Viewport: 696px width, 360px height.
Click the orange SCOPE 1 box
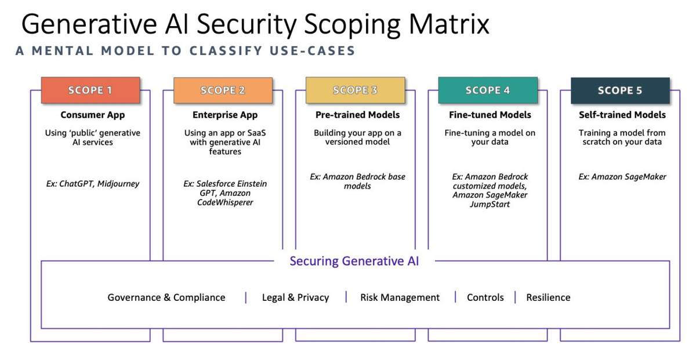90,90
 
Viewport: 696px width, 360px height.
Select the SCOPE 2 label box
223,90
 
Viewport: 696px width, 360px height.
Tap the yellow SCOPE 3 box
355,90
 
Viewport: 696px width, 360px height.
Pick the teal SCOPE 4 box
487,90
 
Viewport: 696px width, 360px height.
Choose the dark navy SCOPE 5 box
620,90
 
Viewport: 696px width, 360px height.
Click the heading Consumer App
93,115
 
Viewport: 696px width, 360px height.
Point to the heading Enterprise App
225,115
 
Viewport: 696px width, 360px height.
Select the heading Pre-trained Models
357,115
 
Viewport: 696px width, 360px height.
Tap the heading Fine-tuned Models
490,115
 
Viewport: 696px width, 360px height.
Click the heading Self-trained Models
622,115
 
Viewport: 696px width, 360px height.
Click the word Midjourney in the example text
118,184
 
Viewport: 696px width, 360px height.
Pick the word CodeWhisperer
225,202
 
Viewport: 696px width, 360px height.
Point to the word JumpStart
490,204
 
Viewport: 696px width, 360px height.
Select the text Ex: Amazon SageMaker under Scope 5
622,177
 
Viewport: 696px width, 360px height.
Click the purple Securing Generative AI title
354,261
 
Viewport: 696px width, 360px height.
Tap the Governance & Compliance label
166,297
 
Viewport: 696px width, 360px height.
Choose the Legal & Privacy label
295,297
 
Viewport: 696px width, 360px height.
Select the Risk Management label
400,297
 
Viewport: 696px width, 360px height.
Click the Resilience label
548,297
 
